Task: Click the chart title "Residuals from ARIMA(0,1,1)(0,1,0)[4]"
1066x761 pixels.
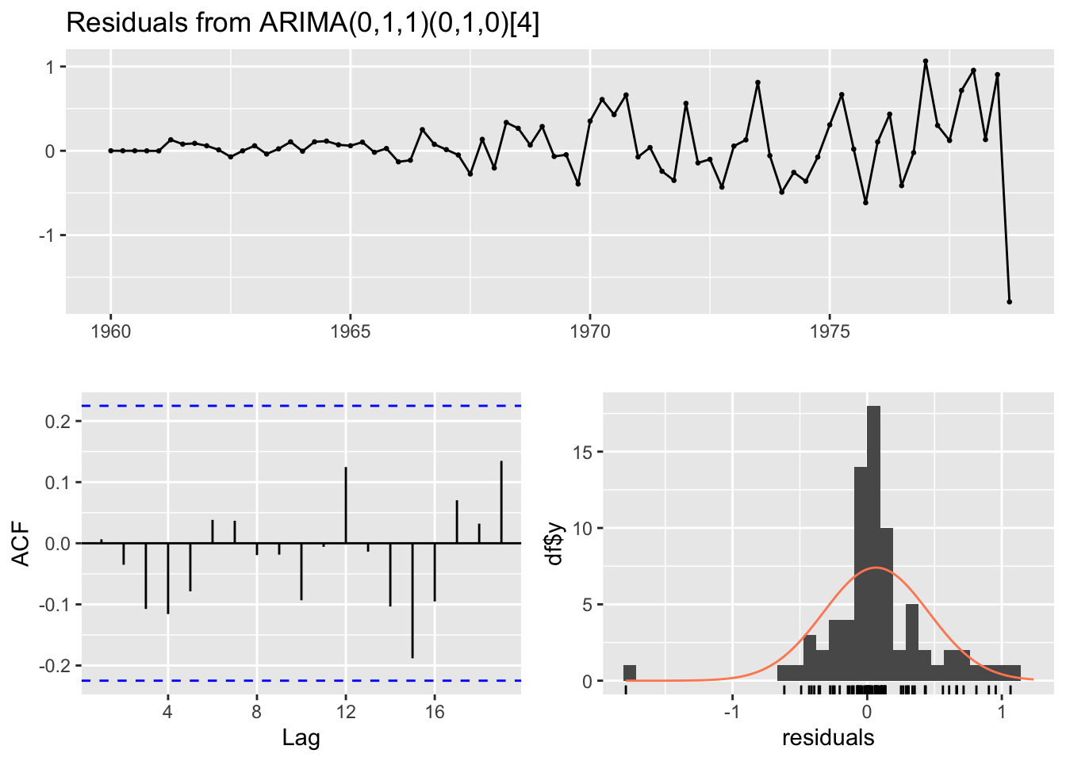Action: click(x=302, y=23)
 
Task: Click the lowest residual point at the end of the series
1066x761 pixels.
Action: click(x=1009, y=302)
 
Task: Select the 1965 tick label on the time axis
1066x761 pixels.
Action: click(x=350, y=332)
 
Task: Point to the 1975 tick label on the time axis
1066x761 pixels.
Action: click(x=830, y=332)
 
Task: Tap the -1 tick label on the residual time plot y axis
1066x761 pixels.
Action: click(x=48, y=235)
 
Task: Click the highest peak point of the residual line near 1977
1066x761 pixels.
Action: click(x=925, y=61)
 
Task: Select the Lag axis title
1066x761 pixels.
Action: click(x=301, y=739)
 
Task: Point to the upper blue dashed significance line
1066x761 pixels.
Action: click(x=301, y=406)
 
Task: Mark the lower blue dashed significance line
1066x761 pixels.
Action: click(x=301, y=680)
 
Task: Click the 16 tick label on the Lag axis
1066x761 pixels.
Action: click(x=434, y=710)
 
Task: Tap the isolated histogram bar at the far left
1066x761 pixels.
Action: click(x=630, y=673)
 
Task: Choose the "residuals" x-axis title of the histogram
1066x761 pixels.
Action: click(x=828, y=739)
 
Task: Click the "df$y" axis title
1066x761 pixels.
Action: click(x=555, y=544)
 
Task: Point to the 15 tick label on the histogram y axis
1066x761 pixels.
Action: click(x=582, y=452)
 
